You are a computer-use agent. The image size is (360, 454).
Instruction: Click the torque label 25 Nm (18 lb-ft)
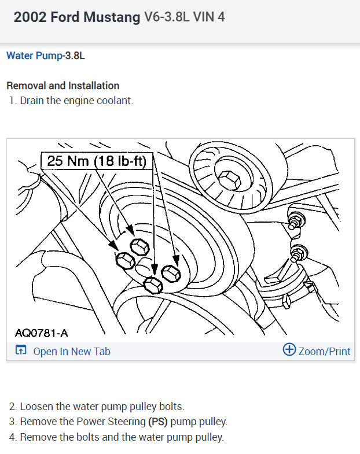click(x=97, y=161)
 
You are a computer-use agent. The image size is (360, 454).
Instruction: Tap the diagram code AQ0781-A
click(x=42, y=333)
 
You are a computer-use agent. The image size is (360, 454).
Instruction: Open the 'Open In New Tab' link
click(x=72, y=351)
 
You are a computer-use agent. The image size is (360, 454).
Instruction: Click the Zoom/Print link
click(x=324, y=351)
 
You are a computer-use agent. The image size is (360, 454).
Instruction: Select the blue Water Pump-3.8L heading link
click(x=46, y=56)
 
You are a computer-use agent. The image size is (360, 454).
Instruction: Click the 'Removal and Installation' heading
click(x=63, y=86)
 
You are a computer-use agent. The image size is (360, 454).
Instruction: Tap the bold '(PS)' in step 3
click(x=158, y=422)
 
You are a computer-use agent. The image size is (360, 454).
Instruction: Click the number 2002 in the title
click(x=30, y=17)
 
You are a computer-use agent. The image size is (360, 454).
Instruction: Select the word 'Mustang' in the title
click(x=112, y=17)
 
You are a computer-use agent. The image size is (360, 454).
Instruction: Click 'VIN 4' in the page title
click(x=209, y=17)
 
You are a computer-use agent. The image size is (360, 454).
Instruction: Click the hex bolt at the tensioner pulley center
click(x=229, y=180)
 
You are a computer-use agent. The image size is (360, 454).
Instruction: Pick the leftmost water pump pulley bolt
click(x=125, y=260)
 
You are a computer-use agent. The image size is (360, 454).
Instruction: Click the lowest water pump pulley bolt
click(x=153, y=285)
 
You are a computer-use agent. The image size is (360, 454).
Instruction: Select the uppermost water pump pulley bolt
click(x=139, y=247)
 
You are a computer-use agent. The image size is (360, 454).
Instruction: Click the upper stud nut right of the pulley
click(x=296, y=221)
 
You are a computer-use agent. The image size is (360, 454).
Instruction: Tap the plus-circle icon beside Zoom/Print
click(x=289, y=349)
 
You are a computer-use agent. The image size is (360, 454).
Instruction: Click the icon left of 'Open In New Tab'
click(x=21, y=350)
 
